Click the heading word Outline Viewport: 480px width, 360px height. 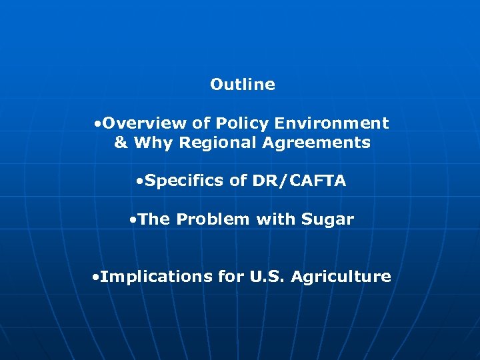(x=242, y=84)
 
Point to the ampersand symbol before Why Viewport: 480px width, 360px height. (x=121, y=143)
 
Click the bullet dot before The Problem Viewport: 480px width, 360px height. (x=134, y=220)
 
